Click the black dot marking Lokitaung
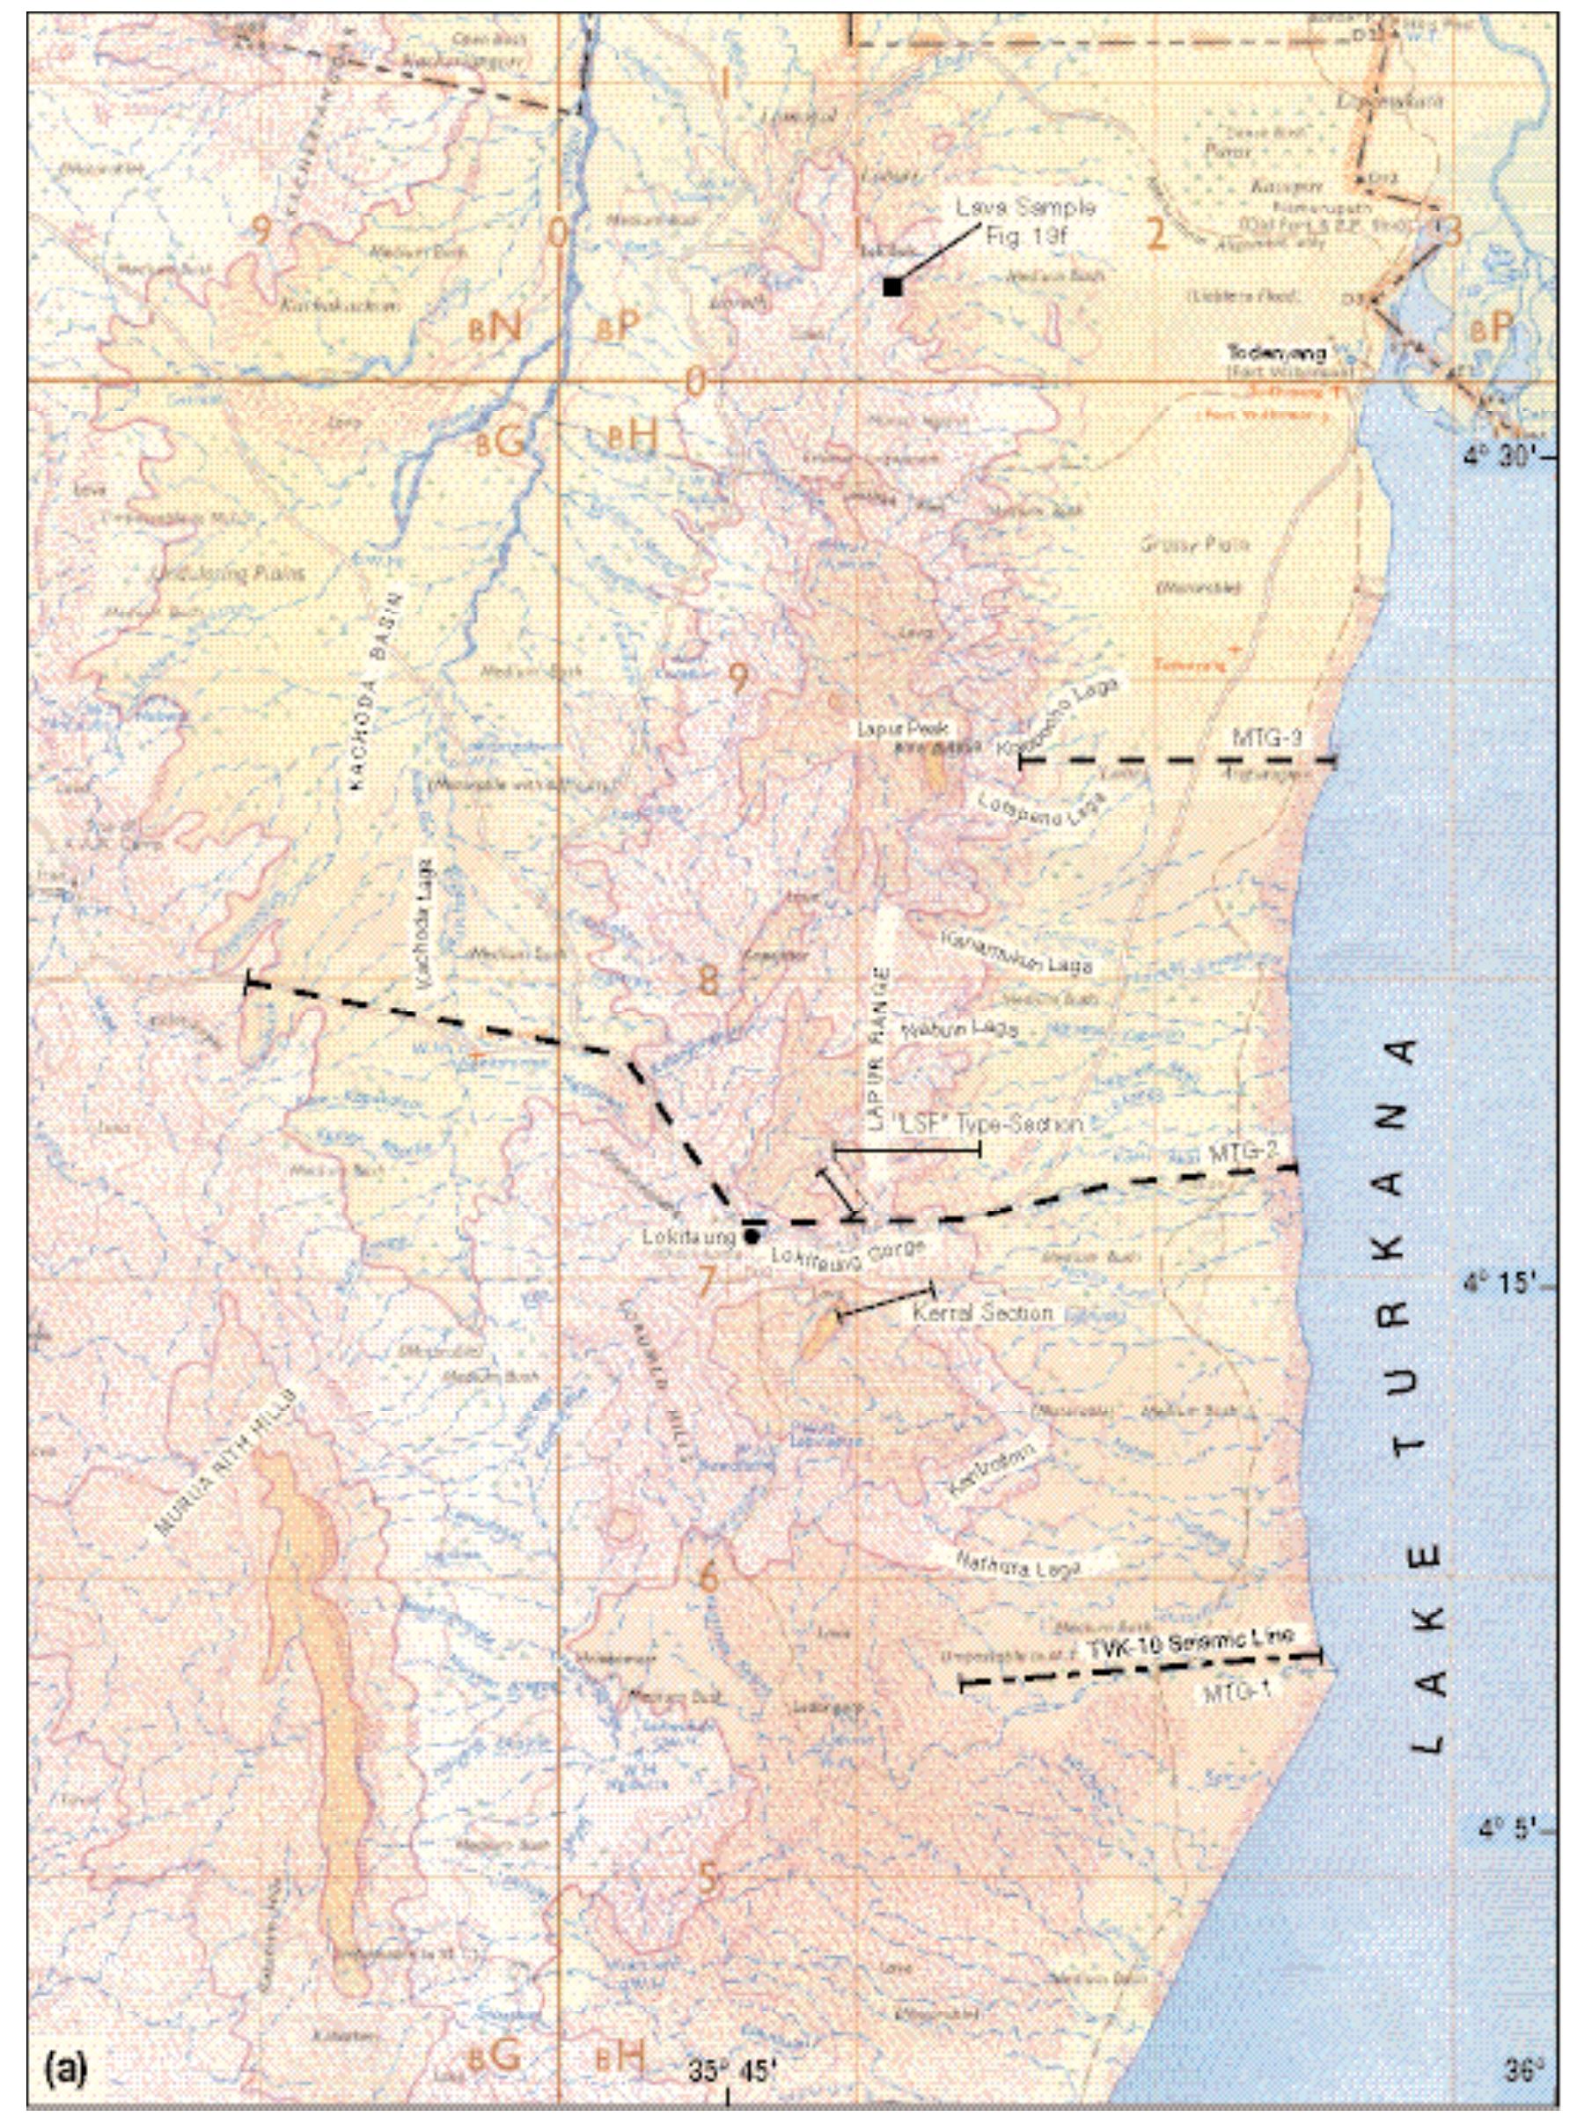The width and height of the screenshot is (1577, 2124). click(752, 1236)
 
